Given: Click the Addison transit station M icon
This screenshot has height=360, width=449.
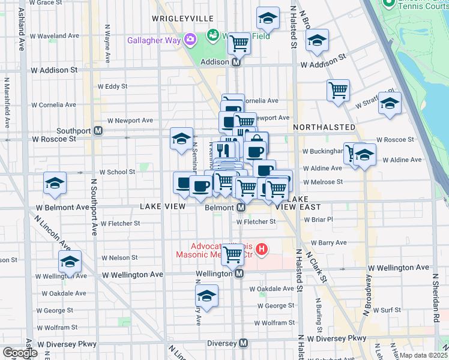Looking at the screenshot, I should coord(237,62).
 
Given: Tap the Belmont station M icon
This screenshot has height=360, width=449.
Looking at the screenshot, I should coord(240,207).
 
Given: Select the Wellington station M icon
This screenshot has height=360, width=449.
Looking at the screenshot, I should coord(239,274).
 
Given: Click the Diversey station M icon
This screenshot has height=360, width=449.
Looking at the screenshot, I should coord(243,343).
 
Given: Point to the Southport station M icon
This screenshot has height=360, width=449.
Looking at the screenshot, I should coord(98,131).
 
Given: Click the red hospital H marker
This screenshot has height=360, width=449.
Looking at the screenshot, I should coord(262,248).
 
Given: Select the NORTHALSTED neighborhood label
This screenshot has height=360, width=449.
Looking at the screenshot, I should coord(324,128).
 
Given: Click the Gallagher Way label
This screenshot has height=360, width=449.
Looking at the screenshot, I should coord(155,40).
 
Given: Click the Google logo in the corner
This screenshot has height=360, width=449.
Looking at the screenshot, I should coord(20,353).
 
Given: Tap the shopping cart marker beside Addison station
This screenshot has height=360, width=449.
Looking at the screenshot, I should coord(240,43).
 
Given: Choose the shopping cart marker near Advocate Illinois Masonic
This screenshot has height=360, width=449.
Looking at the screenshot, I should coord(232,254).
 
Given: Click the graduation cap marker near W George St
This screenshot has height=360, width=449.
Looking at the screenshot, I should coord(207,296).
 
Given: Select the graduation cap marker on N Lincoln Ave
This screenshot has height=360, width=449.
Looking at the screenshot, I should coord(70,262).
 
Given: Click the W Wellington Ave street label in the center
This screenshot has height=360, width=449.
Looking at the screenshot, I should coord(133,274).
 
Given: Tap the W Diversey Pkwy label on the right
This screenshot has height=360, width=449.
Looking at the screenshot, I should coord(339,338).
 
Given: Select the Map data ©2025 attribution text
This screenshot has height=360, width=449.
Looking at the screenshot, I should coord(423,355).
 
